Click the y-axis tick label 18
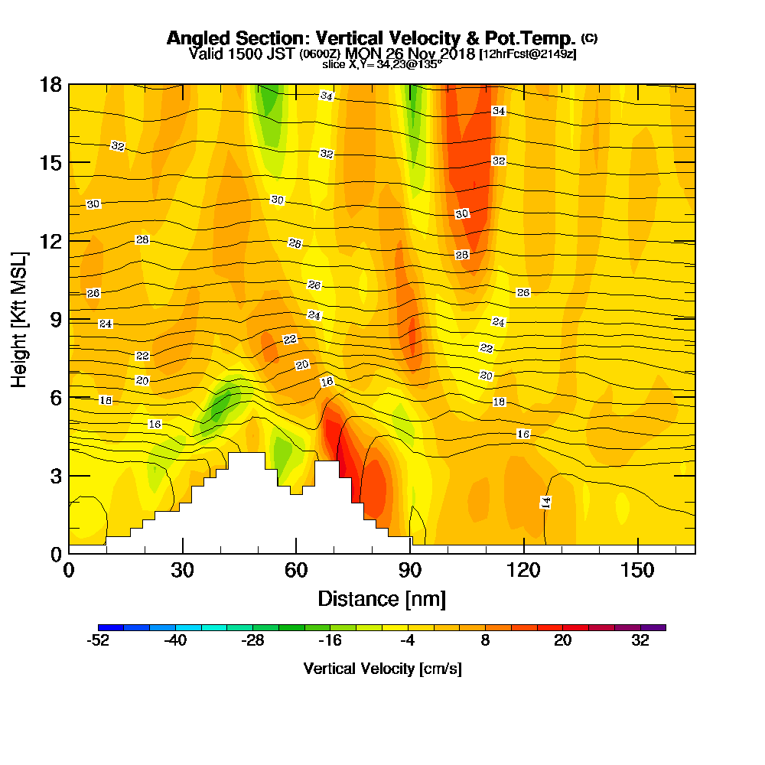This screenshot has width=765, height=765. pos(50,84)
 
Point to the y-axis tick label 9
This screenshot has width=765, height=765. pos(55,319)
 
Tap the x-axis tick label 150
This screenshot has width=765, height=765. pos(637,571)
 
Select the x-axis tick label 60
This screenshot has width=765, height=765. pos(296,571)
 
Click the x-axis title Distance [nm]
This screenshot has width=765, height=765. pos(382,598)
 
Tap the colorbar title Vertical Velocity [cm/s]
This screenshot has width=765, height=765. pos(382,669)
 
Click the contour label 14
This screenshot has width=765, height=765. pos(546,502)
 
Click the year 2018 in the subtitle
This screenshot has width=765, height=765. pos(454,54)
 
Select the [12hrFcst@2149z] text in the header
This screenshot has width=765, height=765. pos(527,54)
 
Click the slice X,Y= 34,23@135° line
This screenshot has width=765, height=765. pos(382,65)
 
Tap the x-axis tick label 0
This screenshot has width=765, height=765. pos(69,571)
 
